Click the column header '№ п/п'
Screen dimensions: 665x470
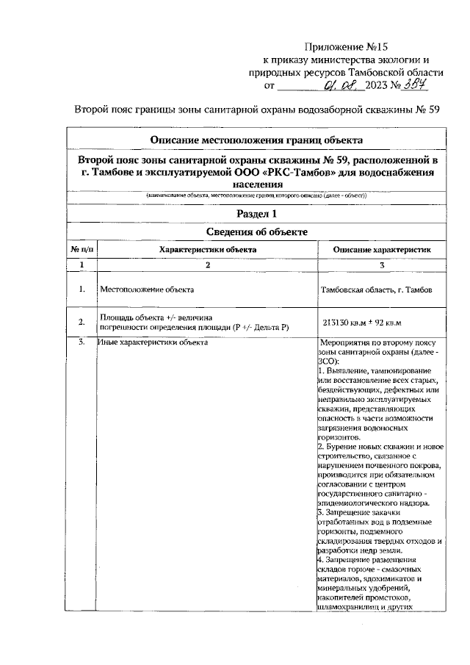(82, 250)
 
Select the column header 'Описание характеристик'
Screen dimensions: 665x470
(381, 250)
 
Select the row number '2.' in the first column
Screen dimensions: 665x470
(82, 322)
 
